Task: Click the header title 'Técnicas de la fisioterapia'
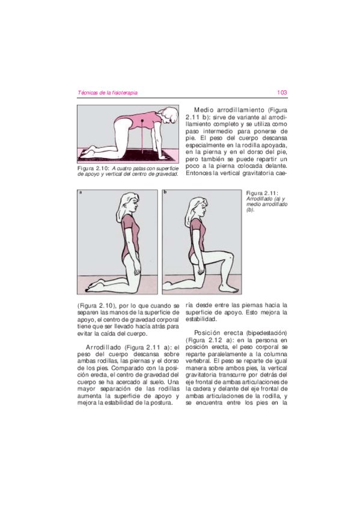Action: pos(108,93)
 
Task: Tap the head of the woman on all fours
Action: pos(171,114)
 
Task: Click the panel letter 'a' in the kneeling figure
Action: pos(81,193)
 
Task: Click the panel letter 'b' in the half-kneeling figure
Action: pos(165,193)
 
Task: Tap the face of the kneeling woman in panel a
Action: pos(136,207)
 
